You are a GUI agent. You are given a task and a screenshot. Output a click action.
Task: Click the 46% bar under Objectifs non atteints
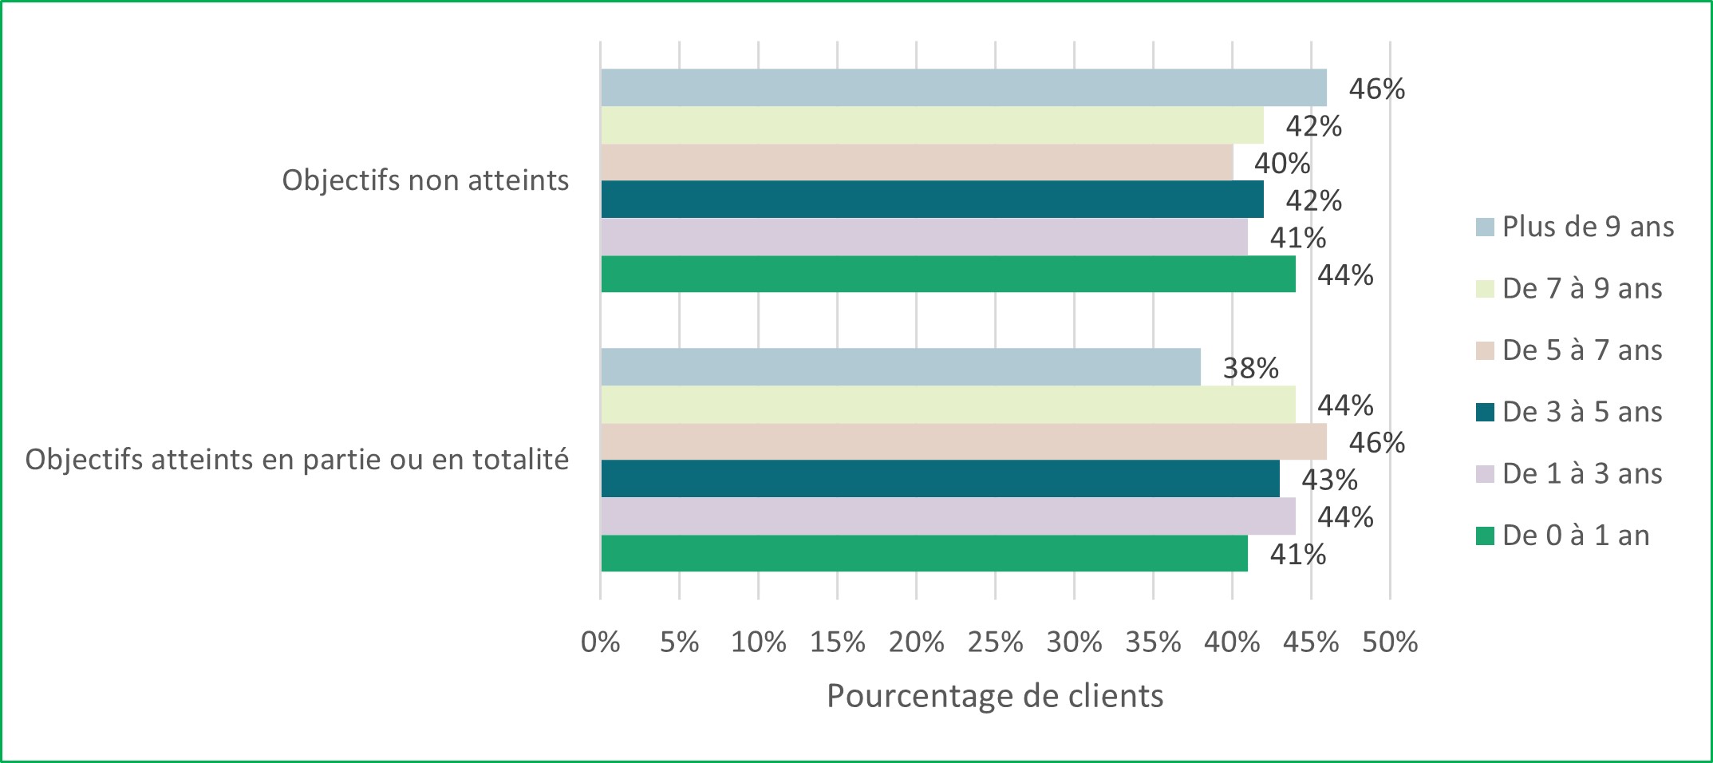point(963,88)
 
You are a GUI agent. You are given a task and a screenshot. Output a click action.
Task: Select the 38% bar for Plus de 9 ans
point(900,367)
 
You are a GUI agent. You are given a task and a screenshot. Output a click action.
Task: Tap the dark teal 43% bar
point(940,479)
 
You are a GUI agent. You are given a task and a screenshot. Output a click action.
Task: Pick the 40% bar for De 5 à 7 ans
point(916,163)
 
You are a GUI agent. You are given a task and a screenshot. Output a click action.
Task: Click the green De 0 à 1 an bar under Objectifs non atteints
point(948,275)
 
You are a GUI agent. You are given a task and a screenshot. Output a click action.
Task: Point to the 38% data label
point(1250,368)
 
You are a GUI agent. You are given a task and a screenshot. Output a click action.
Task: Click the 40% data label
point(1281,164)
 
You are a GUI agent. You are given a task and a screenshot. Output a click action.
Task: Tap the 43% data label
point(1329,480)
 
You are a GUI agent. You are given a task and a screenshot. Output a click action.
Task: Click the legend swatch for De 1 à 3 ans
point(1485,474)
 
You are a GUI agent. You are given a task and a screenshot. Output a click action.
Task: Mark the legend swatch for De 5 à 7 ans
point(1485,350)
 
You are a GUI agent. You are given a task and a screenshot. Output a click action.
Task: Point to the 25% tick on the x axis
point(995,642)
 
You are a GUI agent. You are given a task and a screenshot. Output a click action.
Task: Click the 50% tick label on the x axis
point(1390,642)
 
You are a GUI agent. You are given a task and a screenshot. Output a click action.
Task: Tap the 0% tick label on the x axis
point(601,642)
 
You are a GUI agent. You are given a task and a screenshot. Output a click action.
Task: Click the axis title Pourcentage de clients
point(995,696)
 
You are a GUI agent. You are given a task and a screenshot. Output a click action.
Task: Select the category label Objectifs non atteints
point(425,180)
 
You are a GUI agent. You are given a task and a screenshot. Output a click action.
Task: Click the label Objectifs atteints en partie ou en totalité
point(297,460)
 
